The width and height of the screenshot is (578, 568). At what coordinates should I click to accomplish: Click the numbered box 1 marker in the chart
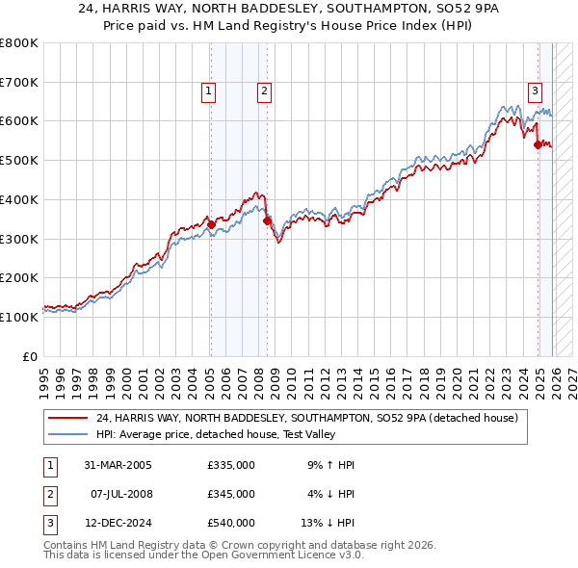point(209,91)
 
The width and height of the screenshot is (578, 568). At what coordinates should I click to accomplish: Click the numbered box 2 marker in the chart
point(263,91)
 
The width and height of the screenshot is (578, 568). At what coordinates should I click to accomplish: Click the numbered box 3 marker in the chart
point(535,91)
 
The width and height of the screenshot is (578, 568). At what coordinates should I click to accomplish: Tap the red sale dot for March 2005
point(211,224)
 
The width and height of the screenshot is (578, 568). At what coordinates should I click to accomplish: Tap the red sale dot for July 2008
point(267,220)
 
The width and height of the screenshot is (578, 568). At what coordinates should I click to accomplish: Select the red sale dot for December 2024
point(538,144)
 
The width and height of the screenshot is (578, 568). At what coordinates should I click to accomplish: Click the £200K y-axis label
point(19,277)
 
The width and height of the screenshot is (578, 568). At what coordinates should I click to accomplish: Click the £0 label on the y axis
point(30,356)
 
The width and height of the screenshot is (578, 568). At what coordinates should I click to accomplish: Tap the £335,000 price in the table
point(230,465)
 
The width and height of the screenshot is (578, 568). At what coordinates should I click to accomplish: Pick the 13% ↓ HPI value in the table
point(328,523)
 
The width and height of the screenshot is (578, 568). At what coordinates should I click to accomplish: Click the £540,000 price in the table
point(230,523)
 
